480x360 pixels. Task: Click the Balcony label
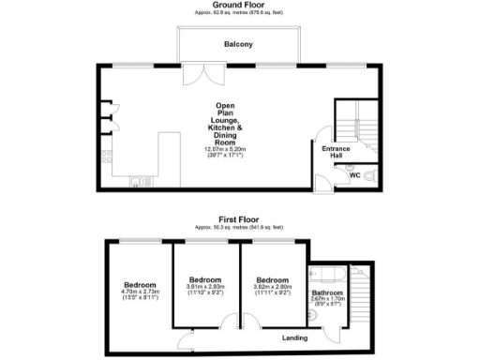[237, 44]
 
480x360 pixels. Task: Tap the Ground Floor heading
[237, 5]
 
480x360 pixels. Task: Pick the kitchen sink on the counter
[139, 179]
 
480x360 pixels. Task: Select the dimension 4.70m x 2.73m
[138, 292]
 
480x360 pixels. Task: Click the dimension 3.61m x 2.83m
[205, 286]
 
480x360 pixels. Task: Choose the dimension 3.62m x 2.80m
[273, 286]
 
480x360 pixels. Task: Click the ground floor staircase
[356, 119]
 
